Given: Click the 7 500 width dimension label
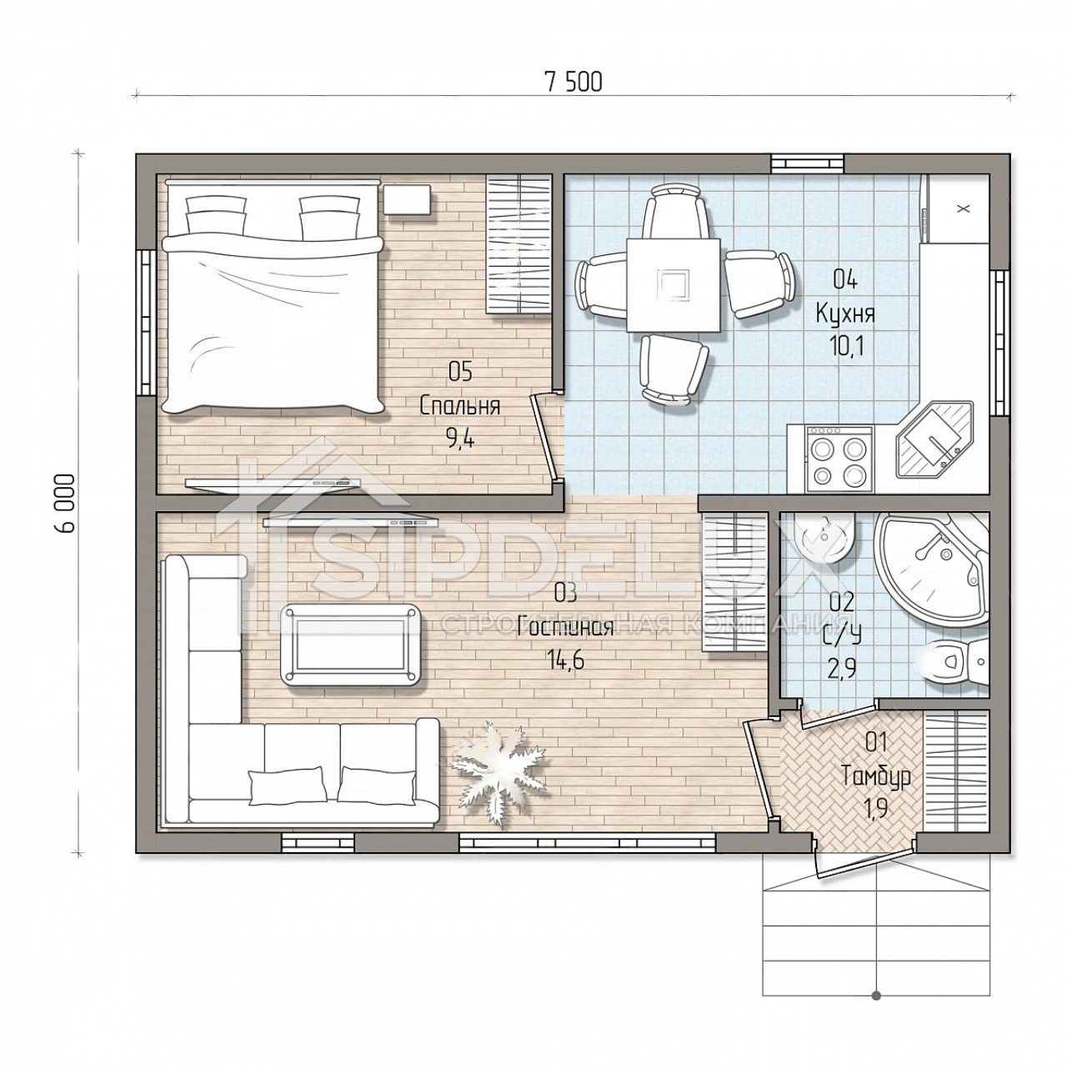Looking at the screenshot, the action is coord(574,82).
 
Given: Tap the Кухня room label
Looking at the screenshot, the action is coord(846,314).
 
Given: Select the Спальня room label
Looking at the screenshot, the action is coord(460,406).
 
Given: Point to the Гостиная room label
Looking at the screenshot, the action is coord(565,628).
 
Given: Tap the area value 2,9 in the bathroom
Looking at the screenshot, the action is coord(843,668).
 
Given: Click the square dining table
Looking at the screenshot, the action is coord(674,284).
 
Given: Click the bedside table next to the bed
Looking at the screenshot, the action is coord(408,200).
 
